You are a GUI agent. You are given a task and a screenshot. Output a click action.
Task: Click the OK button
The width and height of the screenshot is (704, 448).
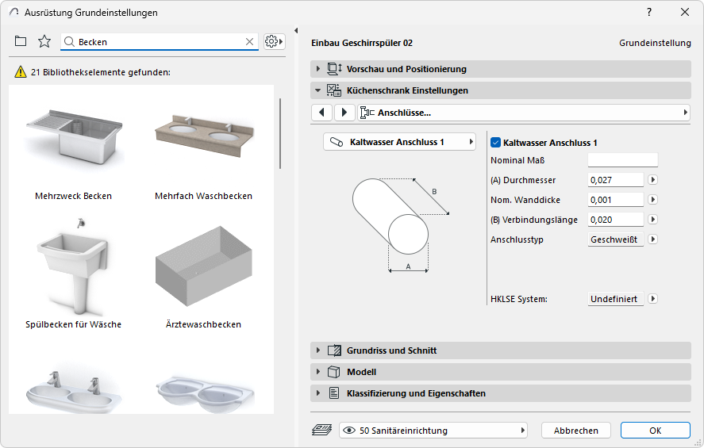pos(655,430)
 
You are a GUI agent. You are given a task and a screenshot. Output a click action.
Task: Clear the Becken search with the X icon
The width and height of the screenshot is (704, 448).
pos(250,42)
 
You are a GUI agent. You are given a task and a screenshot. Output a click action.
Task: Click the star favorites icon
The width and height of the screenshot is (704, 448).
pos(44,41)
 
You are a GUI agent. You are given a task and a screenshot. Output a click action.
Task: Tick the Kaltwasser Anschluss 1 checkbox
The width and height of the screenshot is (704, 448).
pos(496,143)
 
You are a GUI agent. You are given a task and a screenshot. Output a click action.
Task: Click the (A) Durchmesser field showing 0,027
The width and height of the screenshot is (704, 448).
pos(616,180)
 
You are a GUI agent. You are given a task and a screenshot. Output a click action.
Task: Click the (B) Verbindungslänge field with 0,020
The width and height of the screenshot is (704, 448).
pos(616,220)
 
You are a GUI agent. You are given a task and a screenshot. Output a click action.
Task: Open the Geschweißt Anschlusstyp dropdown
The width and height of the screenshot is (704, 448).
pos(616,239)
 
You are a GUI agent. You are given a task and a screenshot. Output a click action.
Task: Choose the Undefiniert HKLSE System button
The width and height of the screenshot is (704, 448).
pos(616,299)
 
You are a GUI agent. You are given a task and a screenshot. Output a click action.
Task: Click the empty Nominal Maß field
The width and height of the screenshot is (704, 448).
pos(623,160)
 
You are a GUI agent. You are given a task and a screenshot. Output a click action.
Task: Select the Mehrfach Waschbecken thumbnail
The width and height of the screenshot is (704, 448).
pos(204,136)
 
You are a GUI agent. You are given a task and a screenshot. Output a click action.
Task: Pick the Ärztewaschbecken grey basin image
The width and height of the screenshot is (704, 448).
pos(204,266)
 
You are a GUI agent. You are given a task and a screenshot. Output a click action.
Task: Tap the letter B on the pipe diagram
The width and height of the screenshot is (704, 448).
pos(434,191)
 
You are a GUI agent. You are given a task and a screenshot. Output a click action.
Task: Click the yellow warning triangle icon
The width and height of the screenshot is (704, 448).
pos(21,71)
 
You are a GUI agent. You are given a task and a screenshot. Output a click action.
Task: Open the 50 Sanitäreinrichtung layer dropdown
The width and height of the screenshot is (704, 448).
pos(433,431)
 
